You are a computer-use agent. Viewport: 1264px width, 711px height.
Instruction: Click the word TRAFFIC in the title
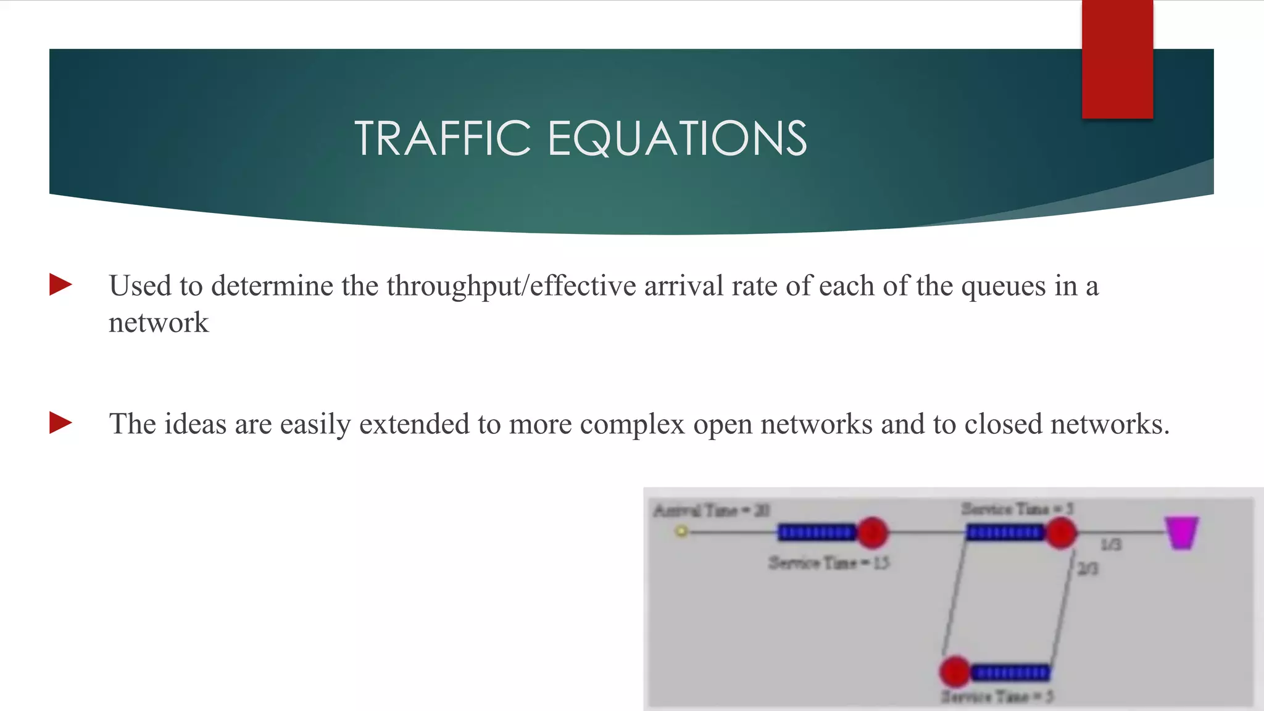[442, 138]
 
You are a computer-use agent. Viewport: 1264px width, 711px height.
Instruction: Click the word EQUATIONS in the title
[677, 138]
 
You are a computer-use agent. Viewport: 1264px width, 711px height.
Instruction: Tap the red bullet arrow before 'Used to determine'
[61, 285]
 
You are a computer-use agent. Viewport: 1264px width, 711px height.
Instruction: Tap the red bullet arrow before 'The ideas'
[61, 423]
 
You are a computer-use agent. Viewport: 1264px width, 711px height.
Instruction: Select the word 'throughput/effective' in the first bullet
[511, 286]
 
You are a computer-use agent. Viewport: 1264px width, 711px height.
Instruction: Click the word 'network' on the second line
[159, 323]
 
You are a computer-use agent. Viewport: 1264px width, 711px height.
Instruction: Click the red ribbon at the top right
[1117, 59]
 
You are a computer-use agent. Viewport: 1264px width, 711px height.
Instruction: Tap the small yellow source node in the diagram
[681, 531]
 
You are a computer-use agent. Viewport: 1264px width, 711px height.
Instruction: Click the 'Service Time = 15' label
[828, 563]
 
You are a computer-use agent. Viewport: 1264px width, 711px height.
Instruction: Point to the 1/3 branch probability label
[1111, 544]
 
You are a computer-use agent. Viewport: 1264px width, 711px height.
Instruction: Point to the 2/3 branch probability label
[1087, 568]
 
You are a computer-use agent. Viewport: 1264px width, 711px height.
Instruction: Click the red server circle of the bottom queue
[955, 671]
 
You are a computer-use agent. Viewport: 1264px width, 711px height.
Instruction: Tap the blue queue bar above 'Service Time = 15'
[817, 532]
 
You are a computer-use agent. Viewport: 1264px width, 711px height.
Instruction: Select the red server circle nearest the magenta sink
[1061, 533]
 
